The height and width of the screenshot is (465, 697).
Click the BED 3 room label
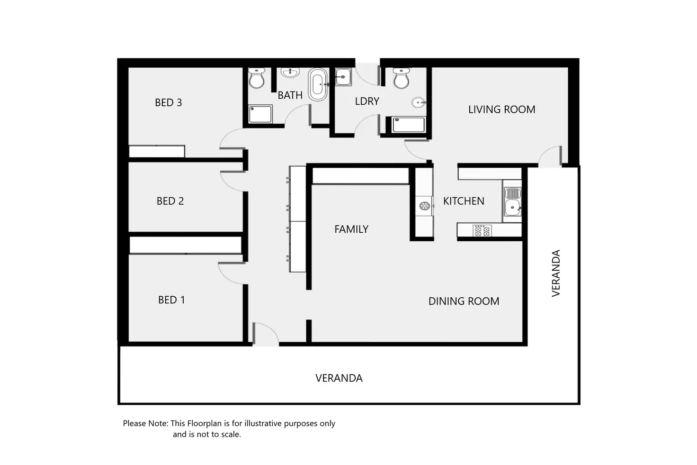pos(169,102)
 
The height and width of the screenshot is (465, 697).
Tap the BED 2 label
pos(170,201)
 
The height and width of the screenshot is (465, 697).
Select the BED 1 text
pos(172,300)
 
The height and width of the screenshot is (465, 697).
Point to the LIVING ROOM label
pos(501,109)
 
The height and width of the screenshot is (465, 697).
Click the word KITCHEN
pos(464,201)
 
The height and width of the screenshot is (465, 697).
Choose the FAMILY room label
pos(351,229)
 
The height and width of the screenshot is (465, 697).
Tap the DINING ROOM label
pos(464,301)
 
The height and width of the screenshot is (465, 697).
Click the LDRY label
pos(367,101)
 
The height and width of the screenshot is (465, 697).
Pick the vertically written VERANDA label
pos(556,273)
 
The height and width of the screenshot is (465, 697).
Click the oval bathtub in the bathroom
pos(318,84)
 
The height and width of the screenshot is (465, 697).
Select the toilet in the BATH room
pos(257,78)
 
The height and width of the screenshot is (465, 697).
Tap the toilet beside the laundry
pos(401,78)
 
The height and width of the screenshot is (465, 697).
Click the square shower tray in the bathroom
pos(260,114)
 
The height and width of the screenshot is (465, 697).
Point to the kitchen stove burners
pos(482,231)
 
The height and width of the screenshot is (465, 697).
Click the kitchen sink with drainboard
pos(512,201)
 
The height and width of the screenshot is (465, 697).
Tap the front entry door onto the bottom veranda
pos(265,334)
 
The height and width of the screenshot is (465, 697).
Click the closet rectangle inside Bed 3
pos(157,152)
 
